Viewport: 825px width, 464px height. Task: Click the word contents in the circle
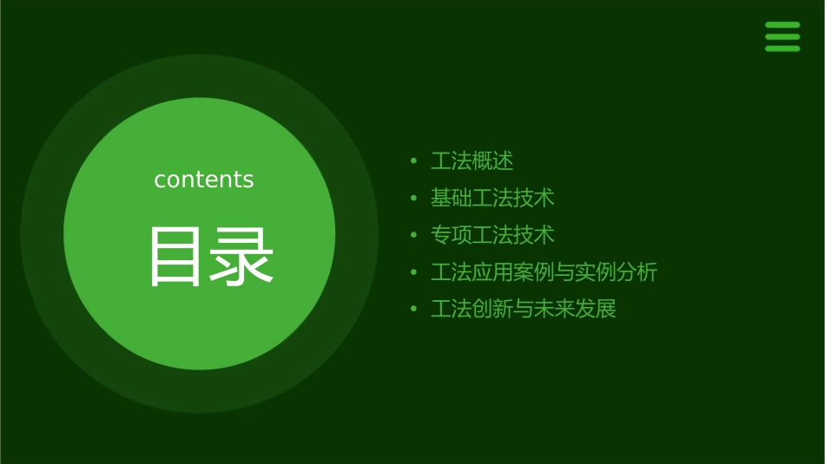pyautogui.click(x=204, y=180)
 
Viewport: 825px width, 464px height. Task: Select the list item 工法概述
pyautogui.click(x=472, y=161)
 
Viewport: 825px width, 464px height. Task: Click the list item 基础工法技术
pyautogui.click(x=492, y=198)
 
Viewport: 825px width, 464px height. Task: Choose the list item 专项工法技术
pyautogui.click(x=492, y=235)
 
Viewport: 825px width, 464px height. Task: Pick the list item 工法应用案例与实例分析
pyautogui.click(x=544, y=272)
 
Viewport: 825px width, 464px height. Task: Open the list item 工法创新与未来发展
pyautogui.click(x=524, y=309)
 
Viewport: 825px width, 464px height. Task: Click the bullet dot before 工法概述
pyautogui.click(x=414, y=161)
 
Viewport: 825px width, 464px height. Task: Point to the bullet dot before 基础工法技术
pyautogui.click(x=414, y=199)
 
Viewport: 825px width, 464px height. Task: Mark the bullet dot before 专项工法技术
pyautogui.click(x=414, y=235)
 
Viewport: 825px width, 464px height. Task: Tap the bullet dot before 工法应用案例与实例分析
pyautogui.click(x=414, y=272)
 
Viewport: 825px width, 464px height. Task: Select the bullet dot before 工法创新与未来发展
pyautogui.click(x=414, y=310)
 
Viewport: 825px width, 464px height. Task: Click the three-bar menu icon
pyautogui.click(x=782, y=36)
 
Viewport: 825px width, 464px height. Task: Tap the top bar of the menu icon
pyautogui.click(x=782, y=25)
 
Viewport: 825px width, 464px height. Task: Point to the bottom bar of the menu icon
pyautogui.click(x=782, y=49)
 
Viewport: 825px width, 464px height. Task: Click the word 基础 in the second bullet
pyautogui.click(x=452, y=198)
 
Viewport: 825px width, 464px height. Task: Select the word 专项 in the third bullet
pyautogui.click(x=452, y=235)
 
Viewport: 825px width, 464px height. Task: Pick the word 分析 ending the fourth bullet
pyautogui.click(x=637, y=272)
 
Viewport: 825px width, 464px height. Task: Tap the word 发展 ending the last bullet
pyautogui.click(x=596, y=309)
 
